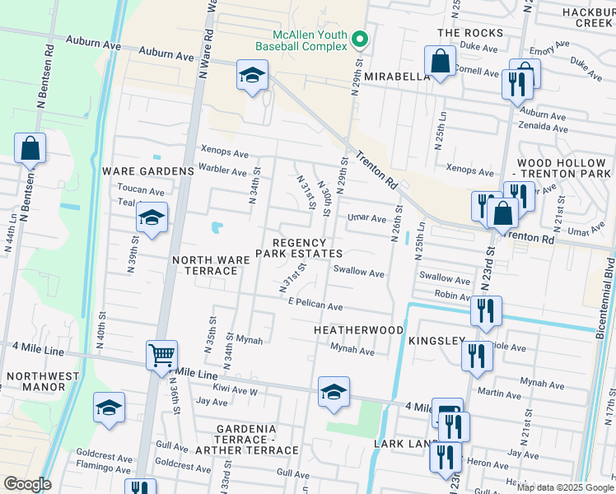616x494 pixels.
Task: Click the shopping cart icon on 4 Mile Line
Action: pos(162,357)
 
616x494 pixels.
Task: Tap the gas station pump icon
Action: pos(446,412)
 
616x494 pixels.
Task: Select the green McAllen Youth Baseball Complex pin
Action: pos(359,40)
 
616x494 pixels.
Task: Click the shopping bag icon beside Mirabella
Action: pos(441,61)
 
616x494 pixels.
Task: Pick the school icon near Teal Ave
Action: pos(152,219)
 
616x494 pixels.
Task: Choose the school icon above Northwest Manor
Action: pos(109,408)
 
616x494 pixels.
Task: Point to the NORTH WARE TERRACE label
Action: pos(210,265)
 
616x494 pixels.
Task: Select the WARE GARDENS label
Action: pos(135,171)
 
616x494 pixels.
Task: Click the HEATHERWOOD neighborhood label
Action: pos(358,330)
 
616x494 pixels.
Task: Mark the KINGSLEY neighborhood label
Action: pos(436,340)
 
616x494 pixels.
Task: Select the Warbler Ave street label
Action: pos(222,172)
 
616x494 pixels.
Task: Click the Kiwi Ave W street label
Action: pos(236,392)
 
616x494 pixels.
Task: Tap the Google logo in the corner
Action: pos(27,484)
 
